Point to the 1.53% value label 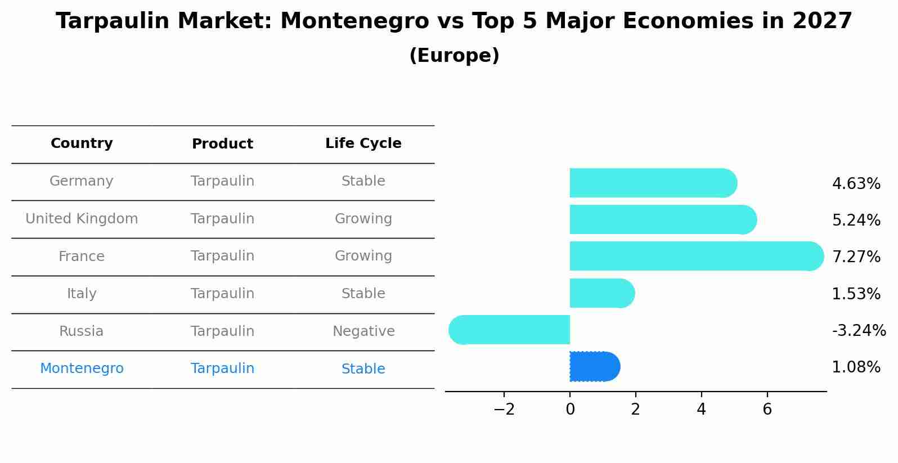point(856,294)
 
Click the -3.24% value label point(859,331)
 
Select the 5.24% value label point(856,221)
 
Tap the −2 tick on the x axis point(504,410)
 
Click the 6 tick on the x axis point(767,410)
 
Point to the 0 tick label point(570,410)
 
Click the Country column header point(82,143)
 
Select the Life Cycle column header point(363,143)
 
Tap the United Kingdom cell point(82,219)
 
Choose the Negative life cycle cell point(363,331)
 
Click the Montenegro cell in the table point(82,368)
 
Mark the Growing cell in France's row point(363,256)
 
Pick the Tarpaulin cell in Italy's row point(222,294)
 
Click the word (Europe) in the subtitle point(454,56)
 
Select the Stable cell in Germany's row point(363,181)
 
